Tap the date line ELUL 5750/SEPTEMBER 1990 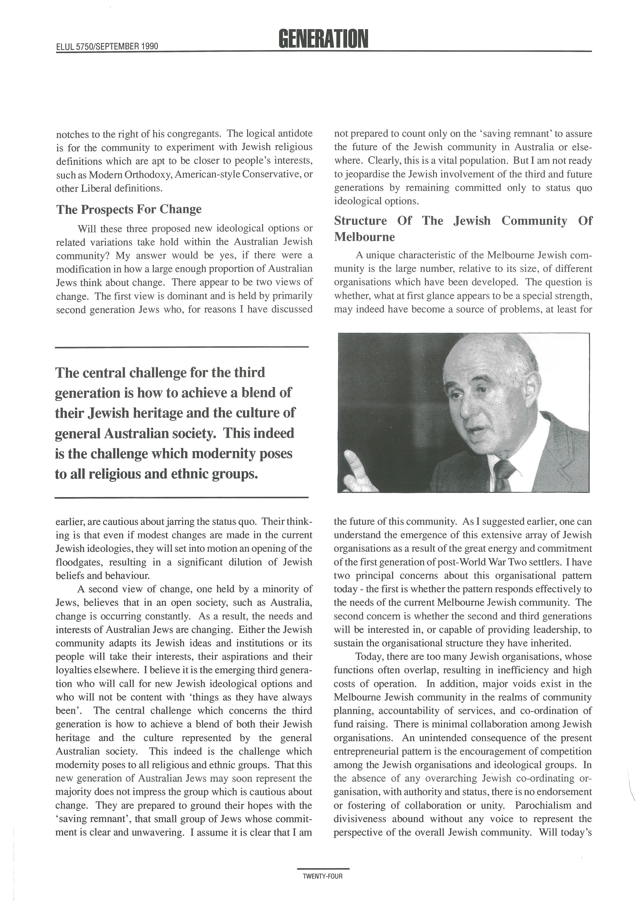(107, 46)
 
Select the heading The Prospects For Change (129, 209)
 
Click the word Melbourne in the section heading (364, 237)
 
